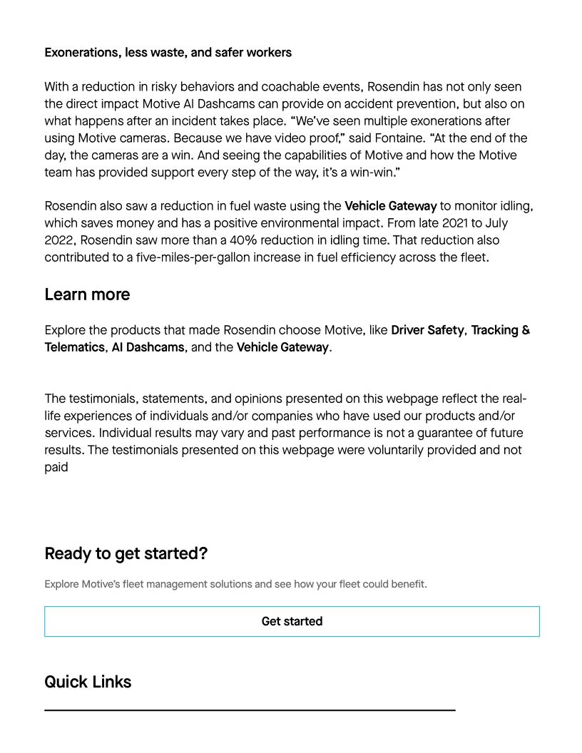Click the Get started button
pyautogui.click(x=292, y=621)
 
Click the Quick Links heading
pyautogui.click(x=88, y=682)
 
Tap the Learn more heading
pyautogui.click(x=87, y=294)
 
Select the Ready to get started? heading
pyautogui.click(x=126, y=553)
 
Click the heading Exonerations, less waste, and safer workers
pyautogui.click(x=168, y=53)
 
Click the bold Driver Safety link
pyautogui.click(x=427, y=330)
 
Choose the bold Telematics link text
pyautogui.click(x=74, y=347)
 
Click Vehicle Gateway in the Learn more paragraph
pyautogui.click(x=282, y=347)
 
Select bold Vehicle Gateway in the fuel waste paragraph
pyautogui.click(x=390, y=207)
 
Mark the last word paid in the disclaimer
pyautogui.click(x=56, y=467)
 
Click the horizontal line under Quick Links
pyautogui.click(x=250, y=710)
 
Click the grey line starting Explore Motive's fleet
pyautogui.click(x=235, y=584)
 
